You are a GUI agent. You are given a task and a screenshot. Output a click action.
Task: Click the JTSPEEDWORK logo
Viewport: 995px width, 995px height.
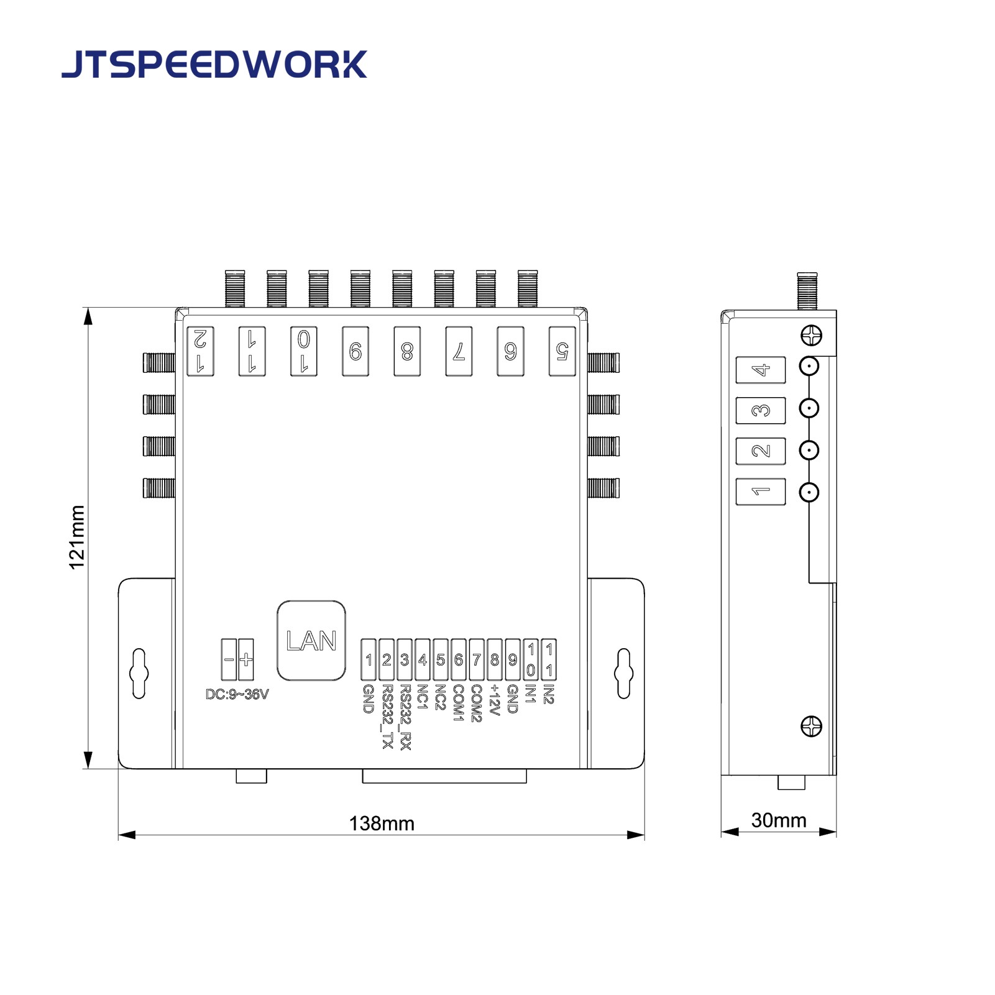tap(214, 65)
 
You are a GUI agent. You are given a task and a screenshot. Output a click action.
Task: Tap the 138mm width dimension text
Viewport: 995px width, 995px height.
tap(381, 823)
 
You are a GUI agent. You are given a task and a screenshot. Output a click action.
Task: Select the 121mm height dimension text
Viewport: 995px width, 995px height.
tap(76, 537)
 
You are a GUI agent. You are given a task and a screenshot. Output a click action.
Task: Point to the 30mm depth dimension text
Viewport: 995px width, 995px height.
tap(778, 820)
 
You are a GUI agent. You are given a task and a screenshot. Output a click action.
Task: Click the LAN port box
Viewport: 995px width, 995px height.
tap(311, 641)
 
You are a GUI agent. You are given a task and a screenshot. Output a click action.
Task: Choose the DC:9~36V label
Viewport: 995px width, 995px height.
tap(237, 694)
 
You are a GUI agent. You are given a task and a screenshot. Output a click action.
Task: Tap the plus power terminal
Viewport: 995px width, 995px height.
tap(246, 659)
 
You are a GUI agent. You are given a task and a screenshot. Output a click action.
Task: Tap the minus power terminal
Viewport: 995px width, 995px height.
tap(229, 659)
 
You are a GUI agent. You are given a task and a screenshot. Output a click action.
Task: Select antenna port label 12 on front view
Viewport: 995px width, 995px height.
tap(201, 351)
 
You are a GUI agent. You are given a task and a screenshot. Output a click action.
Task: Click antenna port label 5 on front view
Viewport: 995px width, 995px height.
tap(562, 351)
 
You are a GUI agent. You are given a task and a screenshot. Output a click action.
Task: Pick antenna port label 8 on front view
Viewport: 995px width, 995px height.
tap(407, 352)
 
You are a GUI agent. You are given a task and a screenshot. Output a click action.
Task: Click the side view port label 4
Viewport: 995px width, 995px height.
tap(760, 370)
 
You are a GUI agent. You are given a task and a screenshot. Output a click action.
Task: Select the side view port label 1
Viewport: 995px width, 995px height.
tap(760, 492)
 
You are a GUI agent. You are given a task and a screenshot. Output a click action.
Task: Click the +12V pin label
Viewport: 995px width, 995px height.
tap(495, 700)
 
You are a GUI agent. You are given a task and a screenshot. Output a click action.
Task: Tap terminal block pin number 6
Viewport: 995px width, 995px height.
tap(459, 659)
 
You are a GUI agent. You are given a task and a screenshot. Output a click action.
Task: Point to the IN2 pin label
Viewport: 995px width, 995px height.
tap(548, 694)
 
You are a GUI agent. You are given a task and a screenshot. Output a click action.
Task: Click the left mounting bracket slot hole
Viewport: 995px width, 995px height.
tap(139, 673)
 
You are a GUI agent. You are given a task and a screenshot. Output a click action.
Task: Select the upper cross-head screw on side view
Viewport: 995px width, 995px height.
tap(811, 336)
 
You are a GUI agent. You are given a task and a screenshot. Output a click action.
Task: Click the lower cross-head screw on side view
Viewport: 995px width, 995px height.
tap(811, 726)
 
